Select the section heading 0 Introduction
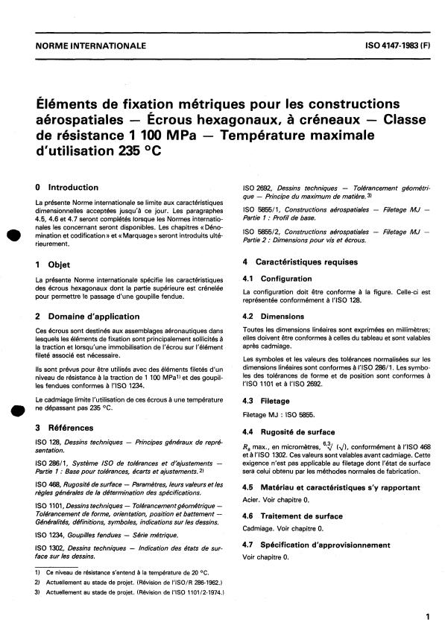[67, 188]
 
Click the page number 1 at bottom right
[426, 618]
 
